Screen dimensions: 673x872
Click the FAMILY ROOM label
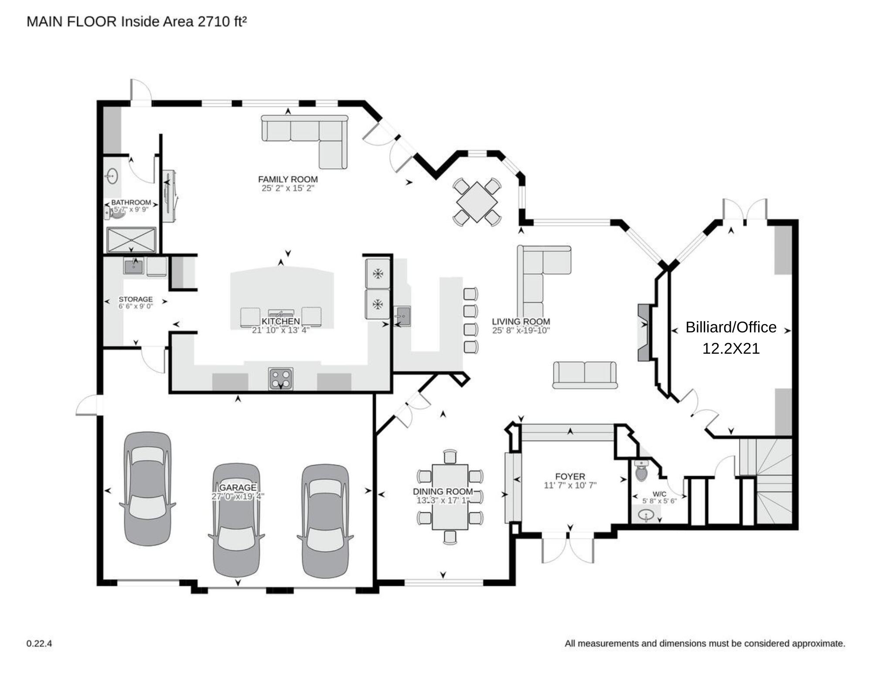pyautogui.click(x=288, y=179)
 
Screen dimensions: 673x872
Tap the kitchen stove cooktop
pyautogui.click(x=281, y=379)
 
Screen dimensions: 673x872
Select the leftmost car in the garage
pyautogui.click(x=147, y=488)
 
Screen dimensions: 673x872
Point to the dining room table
pyautogui.click(x=450, y=497)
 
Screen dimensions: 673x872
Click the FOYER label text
pyautogui.click(x=570, y=477)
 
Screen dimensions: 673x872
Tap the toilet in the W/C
pyautogui.click(x=641, y=471)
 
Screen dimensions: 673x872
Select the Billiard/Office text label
pyautogui.click(x=731, y=327)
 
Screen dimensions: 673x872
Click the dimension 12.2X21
pyautogui.click(x=731, y=348)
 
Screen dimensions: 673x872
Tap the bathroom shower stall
pyautogui.click(x=131, y=240)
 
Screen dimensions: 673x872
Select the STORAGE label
pyautogui.click(x=136, y=299)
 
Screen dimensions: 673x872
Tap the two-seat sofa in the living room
pyautogui.click(x=585, y=375)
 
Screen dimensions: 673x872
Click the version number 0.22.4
pyautogui.click(x=39, y=643)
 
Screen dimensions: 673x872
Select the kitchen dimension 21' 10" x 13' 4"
pyautogui.click(x=280, y=330)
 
